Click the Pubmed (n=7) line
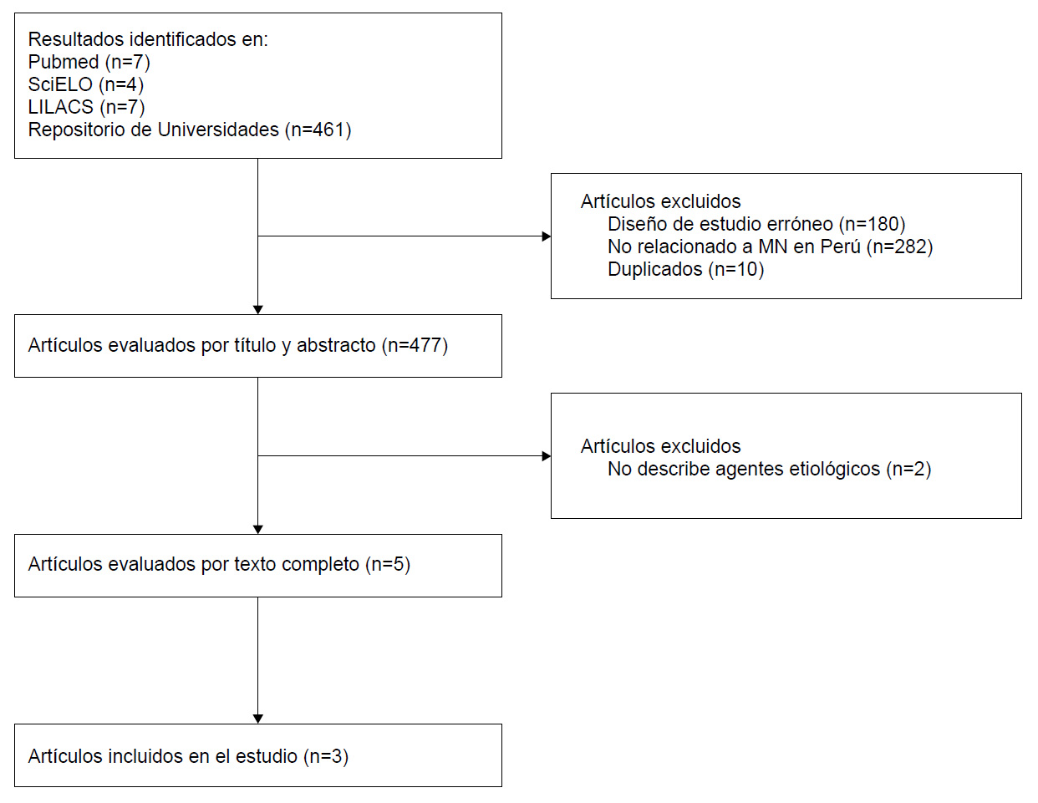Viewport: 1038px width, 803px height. [89, 62]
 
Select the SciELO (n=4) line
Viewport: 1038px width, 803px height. [86, 84]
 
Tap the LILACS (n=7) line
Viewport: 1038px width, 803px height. [86, 107]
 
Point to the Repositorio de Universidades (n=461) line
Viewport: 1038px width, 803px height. [190, 130]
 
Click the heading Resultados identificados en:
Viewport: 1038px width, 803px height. [148, 39]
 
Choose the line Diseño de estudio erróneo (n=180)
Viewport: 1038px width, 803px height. [756, 224]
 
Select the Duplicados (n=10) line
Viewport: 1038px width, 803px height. [685, 269]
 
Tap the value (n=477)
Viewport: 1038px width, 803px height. [415, 345]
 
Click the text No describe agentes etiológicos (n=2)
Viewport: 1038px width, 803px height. [769, 469]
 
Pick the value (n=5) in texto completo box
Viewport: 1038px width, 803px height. [388, 564]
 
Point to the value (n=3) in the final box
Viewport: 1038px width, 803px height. [326, 756]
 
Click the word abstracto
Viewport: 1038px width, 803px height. [336, 345]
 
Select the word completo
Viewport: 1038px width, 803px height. [321, 565]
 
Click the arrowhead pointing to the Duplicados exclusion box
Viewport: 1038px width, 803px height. [547, 236]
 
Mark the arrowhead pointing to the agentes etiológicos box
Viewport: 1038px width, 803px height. [547, 456]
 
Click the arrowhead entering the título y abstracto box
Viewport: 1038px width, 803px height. [258, 310]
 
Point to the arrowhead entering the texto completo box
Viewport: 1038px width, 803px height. [258, 530]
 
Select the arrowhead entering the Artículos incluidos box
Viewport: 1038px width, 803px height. [258, 719]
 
